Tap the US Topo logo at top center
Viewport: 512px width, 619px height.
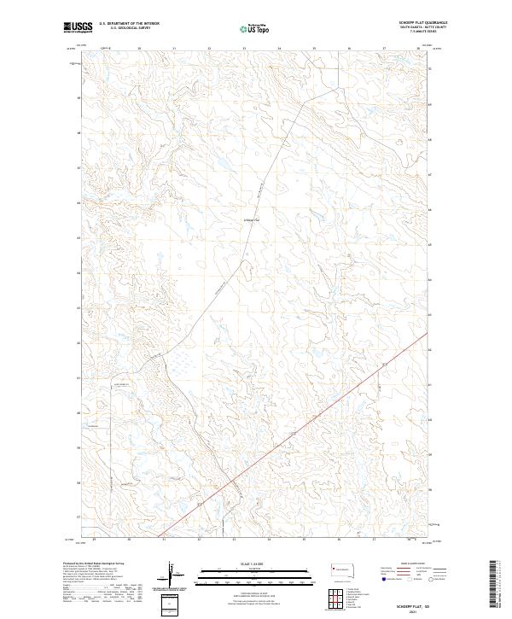[x=254, y=27]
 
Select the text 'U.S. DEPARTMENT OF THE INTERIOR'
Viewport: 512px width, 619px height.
[x=129, y=24]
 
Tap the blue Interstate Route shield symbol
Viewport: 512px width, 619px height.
[x=383, y=579]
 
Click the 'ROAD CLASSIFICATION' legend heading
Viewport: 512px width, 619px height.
[x=413, y=563]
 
